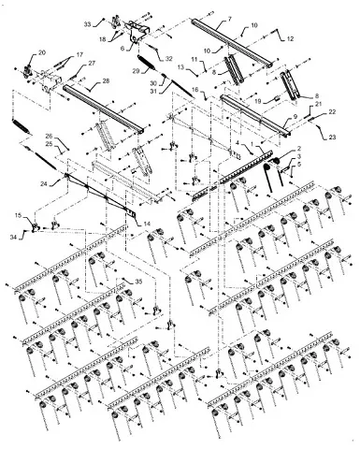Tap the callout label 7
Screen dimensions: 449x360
point(229,19)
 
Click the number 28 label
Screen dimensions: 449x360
point(104,82)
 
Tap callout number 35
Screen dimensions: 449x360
point(138,281)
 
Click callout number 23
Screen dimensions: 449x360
point(332,137)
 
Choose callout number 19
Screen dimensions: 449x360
point(257,99)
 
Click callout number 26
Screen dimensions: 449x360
point(50,137)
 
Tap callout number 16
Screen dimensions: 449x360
point(196,89)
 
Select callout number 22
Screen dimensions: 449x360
point(332,112)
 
